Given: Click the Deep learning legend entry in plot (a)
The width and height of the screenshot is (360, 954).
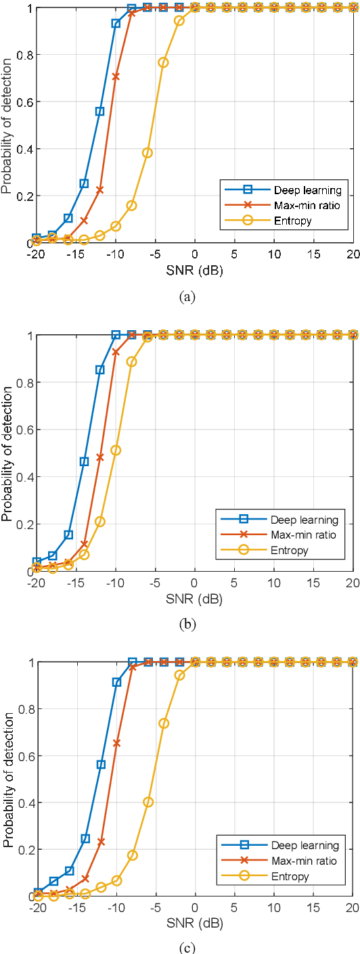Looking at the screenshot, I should [x=302, y=189].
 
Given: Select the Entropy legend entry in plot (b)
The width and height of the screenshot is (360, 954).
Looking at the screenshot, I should [x=290, y=550].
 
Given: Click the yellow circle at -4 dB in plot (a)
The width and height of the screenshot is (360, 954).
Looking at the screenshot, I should [x=163, y=62].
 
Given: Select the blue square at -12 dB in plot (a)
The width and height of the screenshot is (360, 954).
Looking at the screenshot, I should [x=100, y=112].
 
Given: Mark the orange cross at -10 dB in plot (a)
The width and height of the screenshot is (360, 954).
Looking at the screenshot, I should [x=116, y=76].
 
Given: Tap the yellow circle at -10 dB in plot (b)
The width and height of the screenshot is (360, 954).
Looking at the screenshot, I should [x=116, y=450].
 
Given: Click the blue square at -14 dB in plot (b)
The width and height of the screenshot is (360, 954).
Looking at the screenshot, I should [x=84, y=461].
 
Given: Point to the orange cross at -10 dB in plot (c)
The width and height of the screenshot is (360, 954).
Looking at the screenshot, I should [x=116, y=742].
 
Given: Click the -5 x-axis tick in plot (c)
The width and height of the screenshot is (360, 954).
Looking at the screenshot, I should [x=154, y=908].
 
